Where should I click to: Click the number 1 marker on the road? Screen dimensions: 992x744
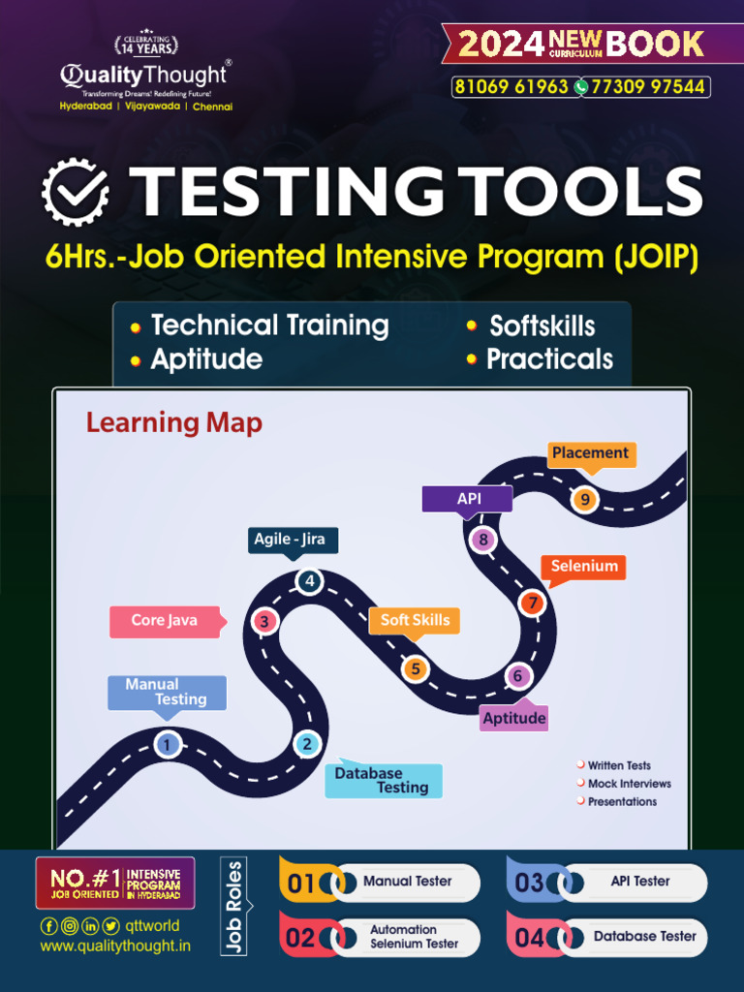(168, 744)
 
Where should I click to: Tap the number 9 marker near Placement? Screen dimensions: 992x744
(584, 500)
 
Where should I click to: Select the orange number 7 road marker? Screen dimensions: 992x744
(532, 603)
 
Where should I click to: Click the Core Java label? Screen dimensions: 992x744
(165, 621)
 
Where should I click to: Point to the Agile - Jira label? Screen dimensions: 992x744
(289, 540)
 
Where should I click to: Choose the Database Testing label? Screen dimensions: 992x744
(383, 780)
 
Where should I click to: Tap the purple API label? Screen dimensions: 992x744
(469, 498)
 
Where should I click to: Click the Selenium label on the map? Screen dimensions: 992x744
(584, 567)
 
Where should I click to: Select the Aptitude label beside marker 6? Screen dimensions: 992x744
(514, 718)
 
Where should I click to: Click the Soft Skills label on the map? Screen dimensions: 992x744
(415, 621)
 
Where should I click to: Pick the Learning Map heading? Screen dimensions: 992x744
(174, 422)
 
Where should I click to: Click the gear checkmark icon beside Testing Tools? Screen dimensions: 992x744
(75, 193)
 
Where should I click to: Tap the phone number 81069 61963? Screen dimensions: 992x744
(511, 87)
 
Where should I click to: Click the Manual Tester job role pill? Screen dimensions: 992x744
(408, 882)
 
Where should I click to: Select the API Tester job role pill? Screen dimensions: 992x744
(640, 882)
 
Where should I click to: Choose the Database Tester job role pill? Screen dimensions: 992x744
(645, 937)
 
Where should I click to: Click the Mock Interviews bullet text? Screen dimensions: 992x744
(629, 784)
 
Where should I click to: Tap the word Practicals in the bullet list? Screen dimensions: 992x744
(549, 359)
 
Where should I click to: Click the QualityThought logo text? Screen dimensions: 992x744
(144, 75)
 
